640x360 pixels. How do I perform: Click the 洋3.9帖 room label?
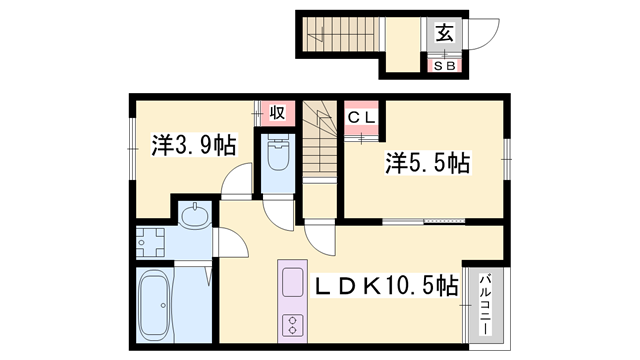[194, 144]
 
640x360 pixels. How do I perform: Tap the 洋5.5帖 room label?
[428, 162]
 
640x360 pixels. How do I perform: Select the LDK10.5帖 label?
[386, 286]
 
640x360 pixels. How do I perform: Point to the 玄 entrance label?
[444, 33]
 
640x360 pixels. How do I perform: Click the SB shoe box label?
[444, 66]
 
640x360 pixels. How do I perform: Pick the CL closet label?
[361, 118]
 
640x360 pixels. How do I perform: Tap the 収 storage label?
[277, 112]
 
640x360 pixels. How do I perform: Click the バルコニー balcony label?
[485, 304]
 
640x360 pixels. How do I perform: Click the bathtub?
[154, 305]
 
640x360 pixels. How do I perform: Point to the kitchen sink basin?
[293, 282]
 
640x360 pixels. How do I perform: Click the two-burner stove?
[293, 325]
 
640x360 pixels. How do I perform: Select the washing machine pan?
[150, 242]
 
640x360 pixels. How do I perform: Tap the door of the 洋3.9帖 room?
[236, 179]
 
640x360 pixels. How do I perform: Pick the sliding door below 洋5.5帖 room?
[424, 221]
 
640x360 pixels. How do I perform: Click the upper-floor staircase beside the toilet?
[320, 140]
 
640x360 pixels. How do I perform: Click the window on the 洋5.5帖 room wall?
[507, 159]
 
